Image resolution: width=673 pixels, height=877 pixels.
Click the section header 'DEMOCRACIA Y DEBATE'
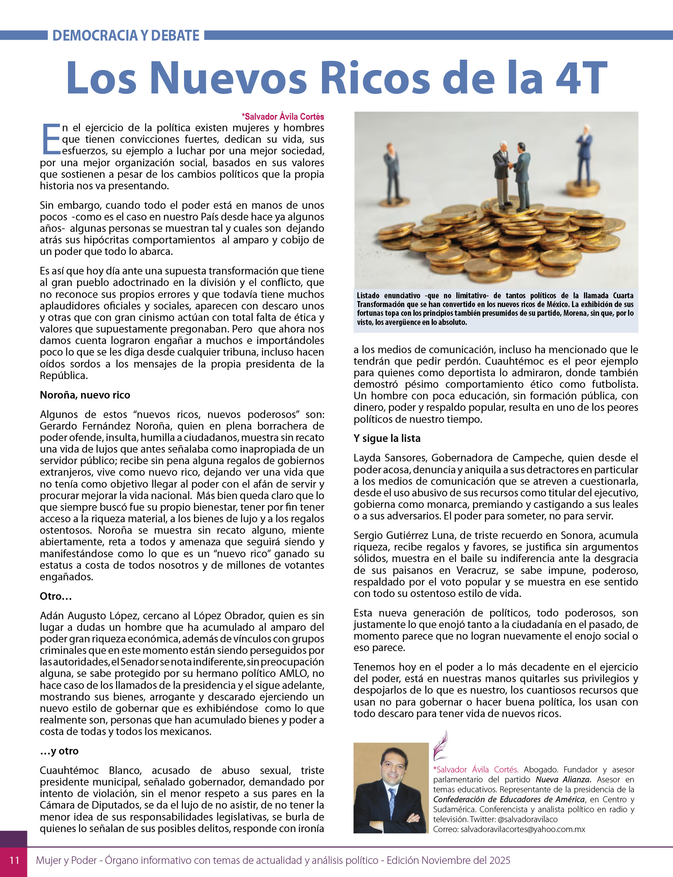[126, 36]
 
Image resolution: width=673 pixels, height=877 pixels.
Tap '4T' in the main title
[581, 78]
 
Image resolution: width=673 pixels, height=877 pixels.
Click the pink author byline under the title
[282, 117]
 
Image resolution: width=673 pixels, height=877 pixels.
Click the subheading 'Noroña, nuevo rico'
[85, 395]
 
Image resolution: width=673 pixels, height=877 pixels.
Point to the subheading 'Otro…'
[56, 596]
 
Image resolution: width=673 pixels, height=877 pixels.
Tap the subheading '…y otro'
[59, 751]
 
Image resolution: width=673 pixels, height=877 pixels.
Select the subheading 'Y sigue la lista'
[387, 438]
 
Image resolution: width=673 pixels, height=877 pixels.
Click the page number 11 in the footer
[14, 860]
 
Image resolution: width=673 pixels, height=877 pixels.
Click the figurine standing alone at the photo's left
[392, 172]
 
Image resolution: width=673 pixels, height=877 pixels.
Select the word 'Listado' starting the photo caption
[368, 296]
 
